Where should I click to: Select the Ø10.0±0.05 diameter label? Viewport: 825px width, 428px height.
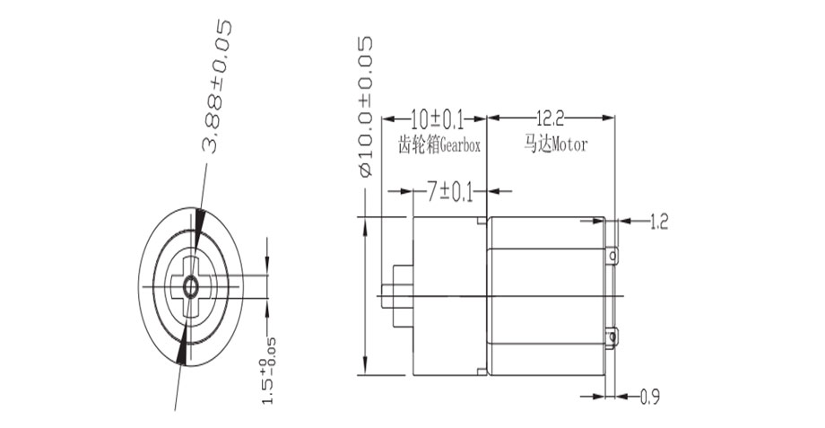coord(365,107)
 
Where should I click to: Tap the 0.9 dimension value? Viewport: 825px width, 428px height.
coord(651,396)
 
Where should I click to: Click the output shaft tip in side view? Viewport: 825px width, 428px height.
coord(386,297)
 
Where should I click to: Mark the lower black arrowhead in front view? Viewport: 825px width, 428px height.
coord(183,351)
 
